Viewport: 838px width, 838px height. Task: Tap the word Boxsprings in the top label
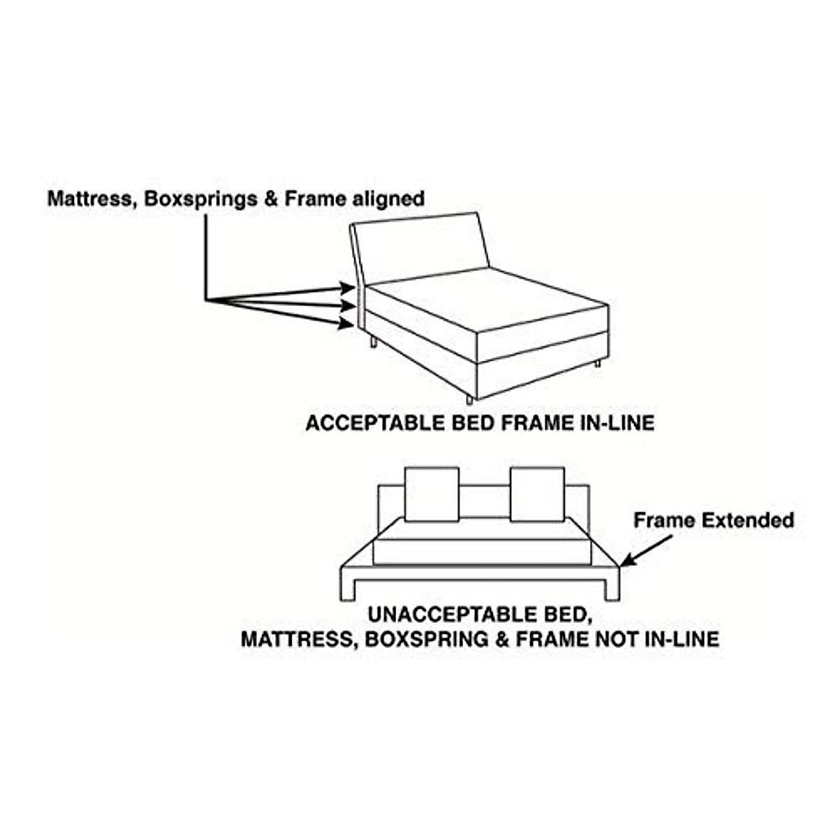200,200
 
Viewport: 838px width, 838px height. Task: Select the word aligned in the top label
389,200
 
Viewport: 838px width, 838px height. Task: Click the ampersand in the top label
270,199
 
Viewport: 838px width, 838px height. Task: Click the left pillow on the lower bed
432,494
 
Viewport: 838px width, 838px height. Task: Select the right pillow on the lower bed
537,494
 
